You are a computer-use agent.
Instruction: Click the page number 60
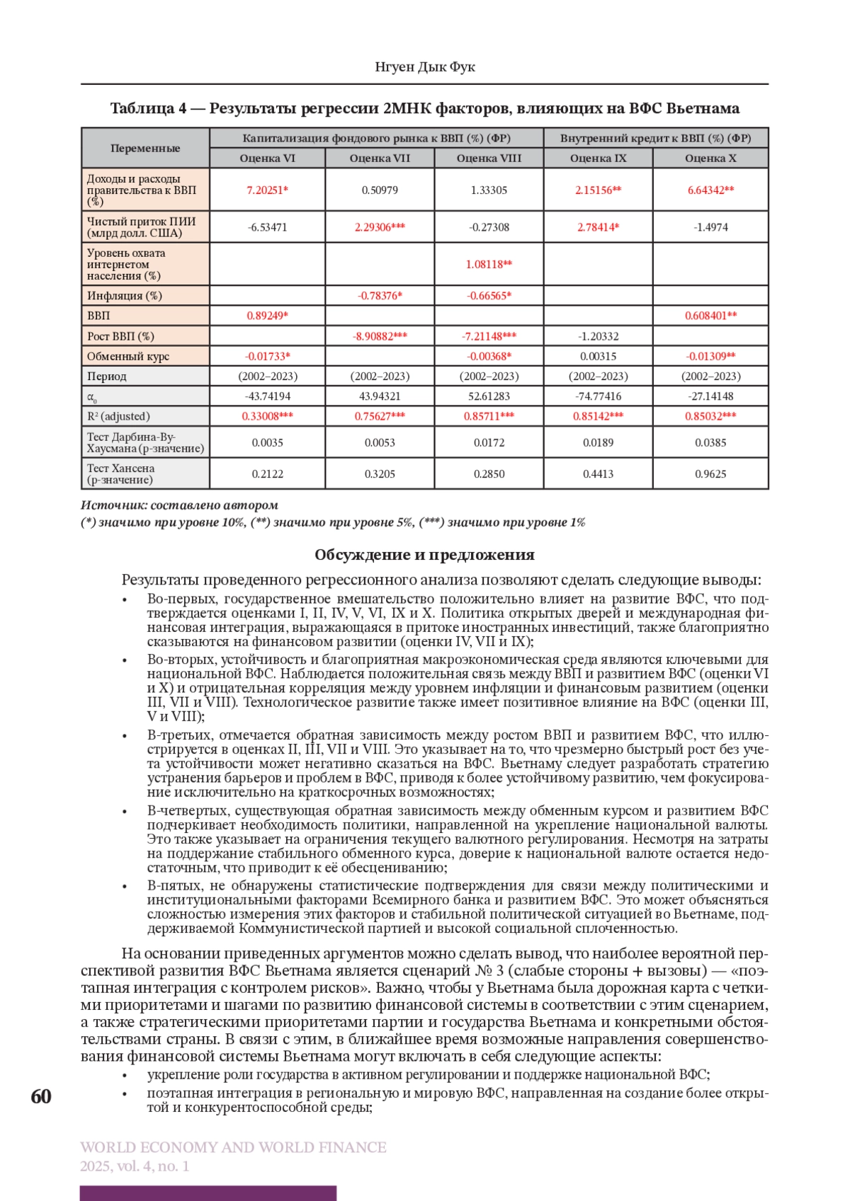pyautogui.click(x=41, y=1096)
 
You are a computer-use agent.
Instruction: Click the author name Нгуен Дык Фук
pyautogui.click(x=424, y=67)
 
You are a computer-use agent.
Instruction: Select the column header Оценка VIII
pyautogui.click(x=489, y=159)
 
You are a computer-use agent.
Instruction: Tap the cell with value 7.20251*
pyautogui.click(x=267, y=190)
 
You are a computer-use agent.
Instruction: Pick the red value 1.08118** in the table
pyautogui.click(x=489, y=264)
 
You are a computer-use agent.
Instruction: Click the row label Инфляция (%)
pyautogui.click(x=125, y=296)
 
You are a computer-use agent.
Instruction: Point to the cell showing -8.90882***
pyautogui.click(x=380, y=336)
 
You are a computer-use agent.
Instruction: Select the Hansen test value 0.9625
pyautogui.click(x=710, y=474)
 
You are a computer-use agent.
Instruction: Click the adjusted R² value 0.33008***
pyautogui.click(x=267, y=416)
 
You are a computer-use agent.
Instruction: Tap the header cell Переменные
pyautogui.click(x=145, y=149)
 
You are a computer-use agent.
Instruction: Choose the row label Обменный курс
pyautogui.click(x=128, y=357)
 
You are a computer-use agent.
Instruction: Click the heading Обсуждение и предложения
pyautogui.click(x=424, y=555)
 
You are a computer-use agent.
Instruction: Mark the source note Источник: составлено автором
pyautogui.click(x=179, y=505)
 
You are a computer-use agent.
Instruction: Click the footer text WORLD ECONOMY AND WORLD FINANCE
pyautogui.click(x=233, y=1147)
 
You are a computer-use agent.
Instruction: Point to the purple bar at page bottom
pyautogui.click(x=208, y=1193)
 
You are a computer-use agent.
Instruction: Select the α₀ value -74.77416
pyautogui.click(x=598, y=396)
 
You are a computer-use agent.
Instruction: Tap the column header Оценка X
pyautogui.click(x=710, y=159)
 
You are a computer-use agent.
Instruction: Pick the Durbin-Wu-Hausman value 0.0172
pyautogui.click(x=489, y=443)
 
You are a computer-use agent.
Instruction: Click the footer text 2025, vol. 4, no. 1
pyautogui.click(x=135, y=1166)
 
